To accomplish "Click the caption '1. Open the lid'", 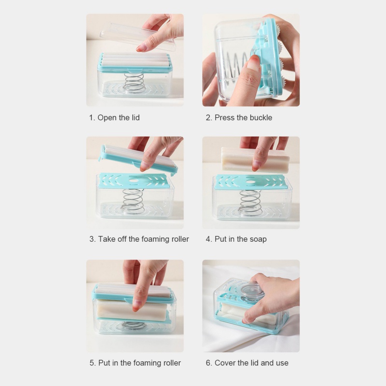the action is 114,118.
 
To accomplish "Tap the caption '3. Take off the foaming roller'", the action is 139,239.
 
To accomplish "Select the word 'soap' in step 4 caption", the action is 258,239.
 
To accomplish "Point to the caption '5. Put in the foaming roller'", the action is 135,363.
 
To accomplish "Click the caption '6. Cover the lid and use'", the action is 247,363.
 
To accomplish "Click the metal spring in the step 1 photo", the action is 134,83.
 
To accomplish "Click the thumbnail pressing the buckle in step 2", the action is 253,62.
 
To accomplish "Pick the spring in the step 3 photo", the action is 133,201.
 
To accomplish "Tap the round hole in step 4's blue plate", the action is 250,182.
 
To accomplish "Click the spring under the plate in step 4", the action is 250,203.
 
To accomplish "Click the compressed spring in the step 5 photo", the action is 134,325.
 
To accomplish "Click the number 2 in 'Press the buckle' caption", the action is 208,118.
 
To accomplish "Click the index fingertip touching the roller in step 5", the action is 137,306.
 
